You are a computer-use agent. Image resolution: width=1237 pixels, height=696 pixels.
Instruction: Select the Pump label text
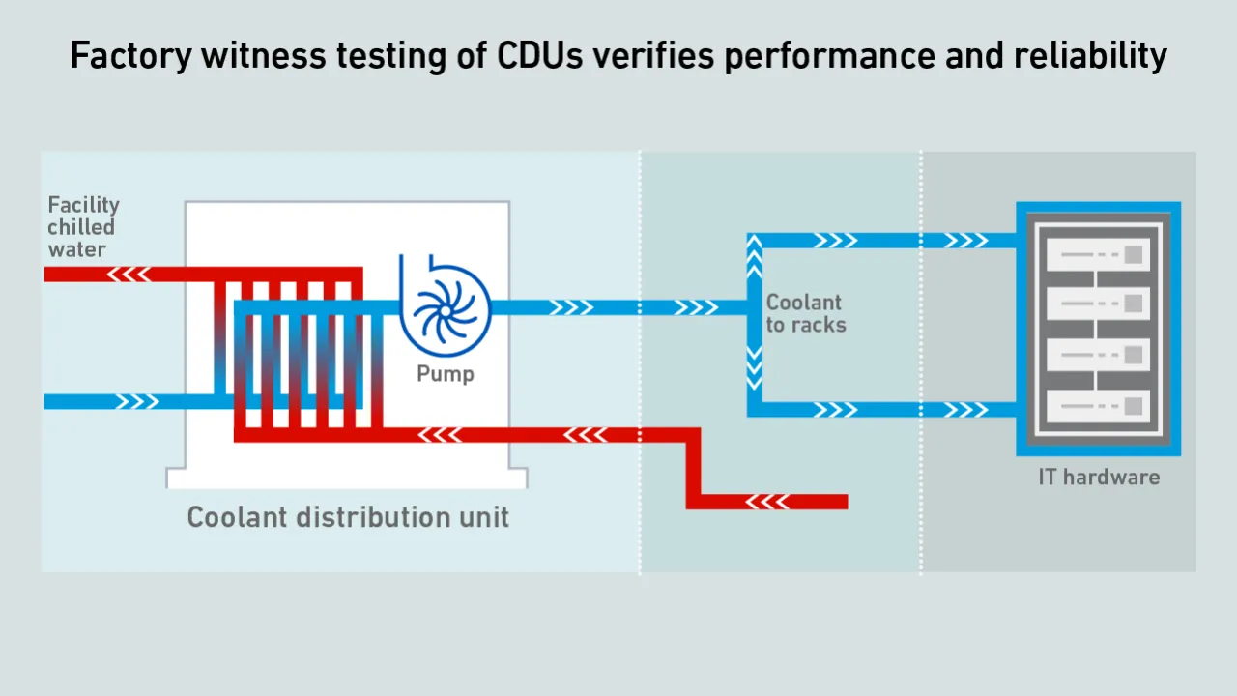pos(446,373)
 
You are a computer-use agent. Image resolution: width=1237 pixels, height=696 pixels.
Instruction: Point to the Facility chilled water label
pos(83,226)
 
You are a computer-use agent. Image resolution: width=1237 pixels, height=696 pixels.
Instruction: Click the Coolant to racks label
pos(805,314)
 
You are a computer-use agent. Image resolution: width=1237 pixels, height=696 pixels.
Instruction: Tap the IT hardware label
pos(1099,477)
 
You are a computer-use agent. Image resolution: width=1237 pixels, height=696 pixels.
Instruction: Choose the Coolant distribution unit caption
pos(348,517)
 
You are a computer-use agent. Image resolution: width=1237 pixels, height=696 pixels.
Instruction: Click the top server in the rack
pos(1098,256)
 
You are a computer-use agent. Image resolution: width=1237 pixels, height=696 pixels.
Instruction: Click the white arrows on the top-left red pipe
pos(129,275)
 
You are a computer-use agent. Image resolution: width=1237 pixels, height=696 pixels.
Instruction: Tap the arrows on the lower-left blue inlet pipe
pos(136,401)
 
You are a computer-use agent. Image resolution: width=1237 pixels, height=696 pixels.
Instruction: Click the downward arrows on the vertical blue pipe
pos(754,368)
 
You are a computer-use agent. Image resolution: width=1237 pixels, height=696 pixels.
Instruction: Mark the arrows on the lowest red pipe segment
pos(768,502)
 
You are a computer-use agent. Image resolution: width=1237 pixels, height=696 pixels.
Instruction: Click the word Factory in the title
pos(130,56)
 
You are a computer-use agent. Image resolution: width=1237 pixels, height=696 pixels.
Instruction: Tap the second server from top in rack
pos(1098,304)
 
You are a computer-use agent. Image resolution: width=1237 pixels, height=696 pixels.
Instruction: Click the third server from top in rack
pos(1098,355)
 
